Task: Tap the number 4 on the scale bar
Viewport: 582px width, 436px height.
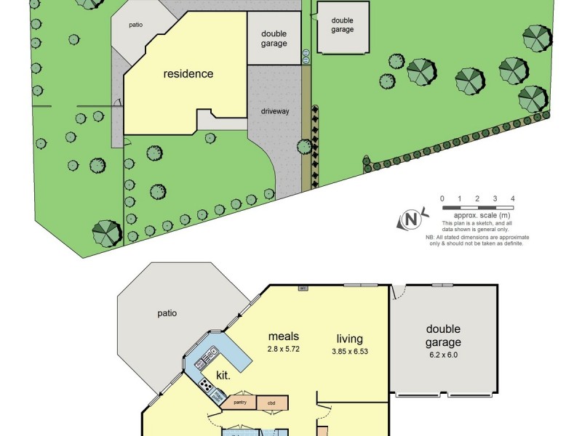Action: tap(513, 198)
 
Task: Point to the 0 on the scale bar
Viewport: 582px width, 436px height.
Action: tap(442, 198)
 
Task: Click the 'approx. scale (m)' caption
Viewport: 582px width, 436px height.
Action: tap(482, 216)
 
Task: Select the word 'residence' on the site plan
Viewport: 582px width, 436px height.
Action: tap(188, 73)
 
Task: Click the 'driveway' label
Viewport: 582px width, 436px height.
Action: tap(275, 111)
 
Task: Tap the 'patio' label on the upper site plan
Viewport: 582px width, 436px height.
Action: tap(135, 25)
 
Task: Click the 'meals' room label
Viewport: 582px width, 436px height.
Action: tap(284, 336)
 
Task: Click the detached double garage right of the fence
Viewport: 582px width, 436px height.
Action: tap(343, 28)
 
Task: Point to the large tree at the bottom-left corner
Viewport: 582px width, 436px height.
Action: tap(107, 233)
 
